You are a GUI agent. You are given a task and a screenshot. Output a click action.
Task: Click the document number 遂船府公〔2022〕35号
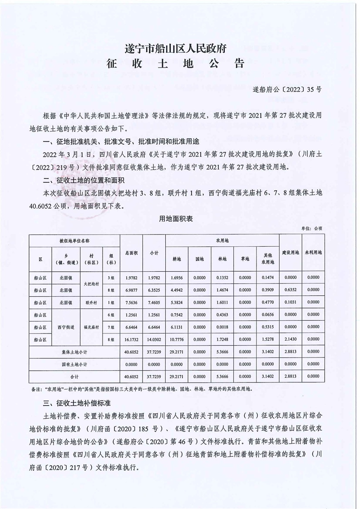(286, 90)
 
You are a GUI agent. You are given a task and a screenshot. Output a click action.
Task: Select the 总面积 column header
(131, 253)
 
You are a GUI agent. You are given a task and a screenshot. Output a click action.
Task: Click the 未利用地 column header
(313, 253)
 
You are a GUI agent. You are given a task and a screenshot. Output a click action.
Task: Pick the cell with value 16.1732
(131, 338)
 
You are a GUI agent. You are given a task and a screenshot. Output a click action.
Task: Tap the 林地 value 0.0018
(222, 327)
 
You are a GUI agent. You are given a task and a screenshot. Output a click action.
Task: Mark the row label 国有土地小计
(74, 364)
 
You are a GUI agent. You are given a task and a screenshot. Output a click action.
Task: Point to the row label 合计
(74, 377)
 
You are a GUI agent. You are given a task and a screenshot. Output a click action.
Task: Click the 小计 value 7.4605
(154, 302)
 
